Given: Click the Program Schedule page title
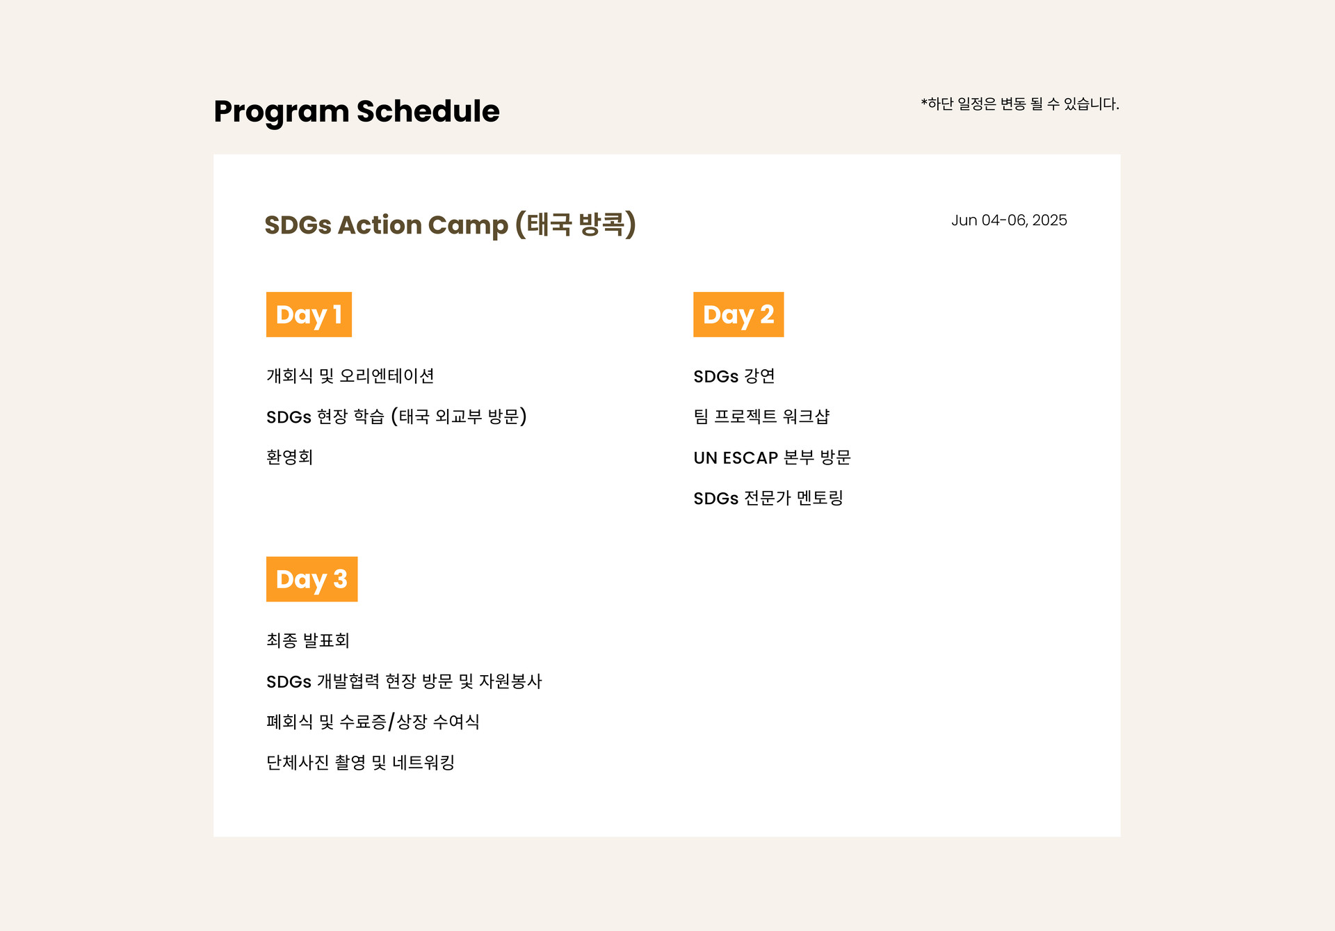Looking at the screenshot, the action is [357, 112].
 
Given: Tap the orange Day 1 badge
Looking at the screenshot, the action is [309, 314].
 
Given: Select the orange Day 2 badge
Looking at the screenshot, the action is [738, 314].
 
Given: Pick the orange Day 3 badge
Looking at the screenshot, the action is [311, 579].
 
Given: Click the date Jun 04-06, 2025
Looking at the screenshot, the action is [1009, 220].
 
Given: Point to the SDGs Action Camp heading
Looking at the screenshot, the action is [451, 225].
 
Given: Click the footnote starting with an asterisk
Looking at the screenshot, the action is [1020, 104].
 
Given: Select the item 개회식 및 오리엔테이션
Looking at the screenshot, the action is [350, 376].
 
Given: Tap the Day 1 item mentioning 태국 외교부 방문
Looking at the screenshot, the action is [396, 416].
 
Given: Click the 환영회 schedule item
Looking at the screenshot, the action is [289, 457].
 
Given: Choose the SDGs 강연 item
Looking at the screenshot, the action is [734, 376].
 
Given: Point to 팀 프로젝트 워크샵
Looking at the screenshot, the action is [761, 416].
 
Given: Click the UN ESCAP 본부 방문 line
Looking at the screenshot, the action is [772, 458].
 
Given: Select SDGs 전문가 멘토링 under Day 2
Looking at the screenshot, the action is [768, 498].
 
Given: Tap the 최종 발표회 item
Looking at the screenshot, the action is [308, 640].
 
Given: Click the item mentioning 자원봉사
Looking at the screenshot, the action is [404, 681].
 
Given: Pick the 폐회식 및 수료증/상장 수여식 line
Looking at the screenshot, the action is [373, 722].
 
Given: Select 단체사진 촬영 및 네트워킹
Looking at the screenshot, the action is [360, 763].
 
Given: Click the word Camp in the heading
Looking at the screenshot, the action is [468, 226].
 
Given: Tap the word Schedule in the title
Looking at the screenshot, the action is [428, 111].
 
